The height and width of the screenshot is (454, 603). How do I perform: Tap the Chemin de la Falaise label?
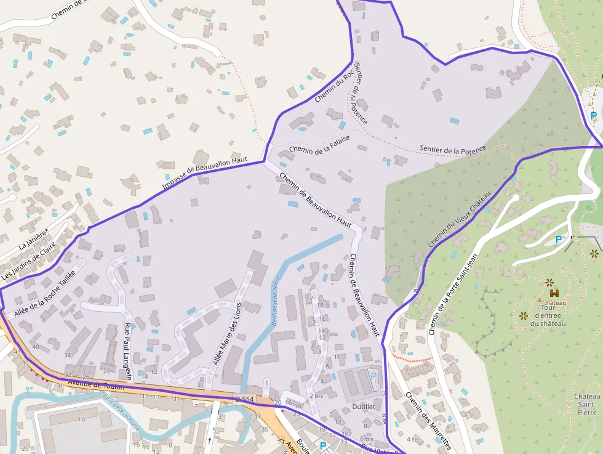click(319, 144)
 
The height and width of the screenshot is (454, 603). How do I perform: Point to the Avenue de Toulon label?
click(96, 385)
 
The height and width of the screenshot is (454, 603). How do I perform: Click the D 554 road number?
click(244, 400)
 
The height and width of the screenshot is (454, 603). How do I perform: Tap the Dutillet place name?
click(364, 407)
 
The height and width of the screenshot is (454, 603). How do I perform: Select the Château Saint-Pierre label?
click(587, 404)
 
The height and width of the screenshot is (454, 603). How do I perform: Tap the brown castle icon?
click(554, 293)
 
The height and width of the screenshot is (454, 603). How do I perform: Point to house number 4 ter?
click(413, 440)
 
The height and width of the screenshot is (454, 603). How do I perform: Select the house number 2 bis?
click(316, 395)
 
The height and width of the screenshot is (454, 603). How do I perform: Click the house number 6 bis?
click(366, 439)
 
